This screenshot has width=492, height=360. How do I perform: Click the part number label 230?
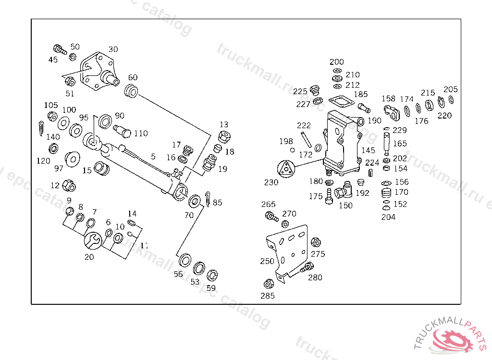pos(271,182)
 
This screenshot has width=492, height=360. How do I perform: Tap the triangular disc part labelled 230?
pos(286,169)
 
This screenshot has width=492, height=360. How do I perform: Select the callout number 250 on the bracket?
pos(267,261)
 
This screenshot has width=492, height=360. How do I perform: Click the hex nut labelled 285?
pos(269,284)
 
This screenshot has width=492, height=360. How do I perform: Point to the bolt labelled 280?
pos(307,268)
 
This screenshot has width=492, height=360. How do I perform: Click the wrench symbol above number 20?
pos(93,240)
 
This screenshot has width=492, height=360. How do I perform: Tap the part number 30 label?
pos(113,49)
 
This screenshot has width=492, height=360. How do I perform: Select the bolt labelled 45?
pos(59,49)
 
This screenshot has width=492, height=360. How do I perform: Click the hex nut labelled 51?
pos(69,81)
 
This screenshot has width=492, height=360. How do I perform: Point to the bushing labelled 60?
pos(131,90)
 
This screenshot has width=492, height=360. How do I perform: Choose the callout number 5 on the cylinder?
pos(153,156)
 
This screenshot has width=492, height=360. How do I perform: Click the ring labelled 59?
pos(212,276)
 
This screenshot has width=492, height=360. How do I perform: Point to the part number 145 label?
pos(369,151)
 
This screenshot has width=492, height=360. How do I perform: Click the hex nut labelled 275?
pos(316,242)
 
